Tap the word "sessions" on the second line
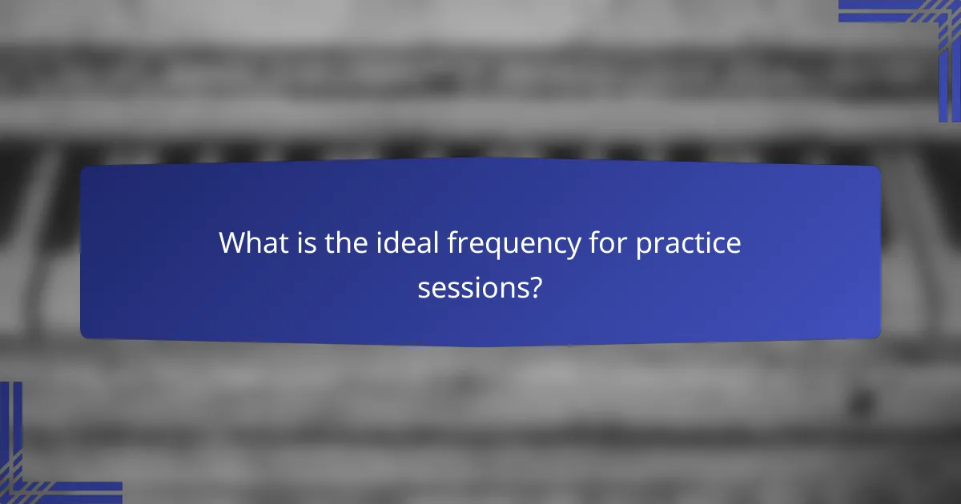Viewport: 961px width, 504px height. point(469,287)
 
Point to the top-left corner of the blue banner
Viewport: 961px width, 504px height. point(83,169)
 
